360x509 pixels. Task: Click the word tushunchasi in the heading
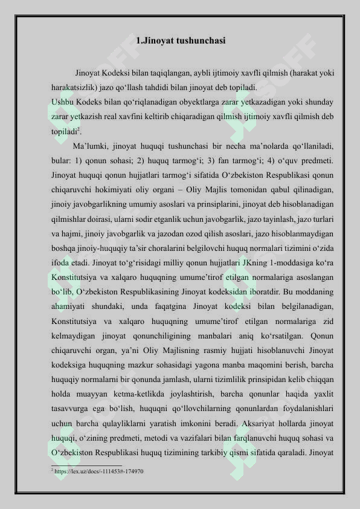pyautogui.click(x=199, y=41)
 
